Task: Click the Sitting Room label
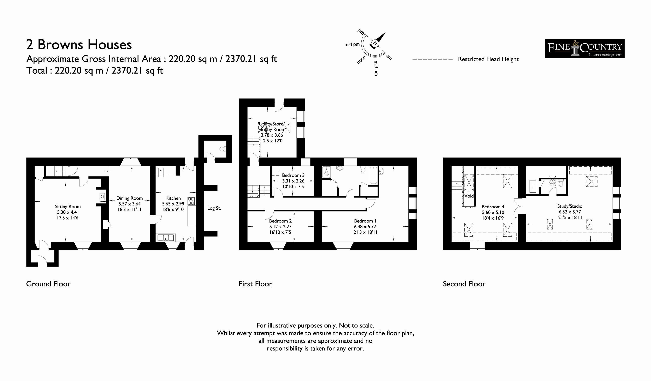[68, 207]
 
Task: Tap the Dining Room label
[129, 198]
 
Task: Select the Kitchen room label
[173, 198]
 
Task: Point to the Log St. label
[214, 208]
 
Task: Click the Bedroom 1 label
[365, 221]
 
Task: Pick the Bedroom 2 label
[280, 221]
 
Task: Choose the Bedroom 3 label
[293, 175]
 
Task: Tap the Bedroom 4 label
[493, 207]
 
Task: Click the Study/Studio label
[570, 206]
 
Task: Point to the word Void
[469, 196]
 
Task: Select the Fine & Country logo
[585, 49]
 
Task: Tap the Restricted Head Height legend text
[488, 59]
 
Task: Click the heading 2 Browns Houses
[79, 44]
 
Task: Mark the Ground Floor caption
[48, 284]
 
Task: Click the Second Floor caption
[464, 284]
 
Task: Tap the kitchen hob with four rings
[191, 201]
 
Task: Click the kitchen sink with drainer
[166, 238]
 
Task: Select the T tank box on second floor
[533, 186]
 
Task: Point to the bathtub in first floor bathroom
[373, 176]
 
